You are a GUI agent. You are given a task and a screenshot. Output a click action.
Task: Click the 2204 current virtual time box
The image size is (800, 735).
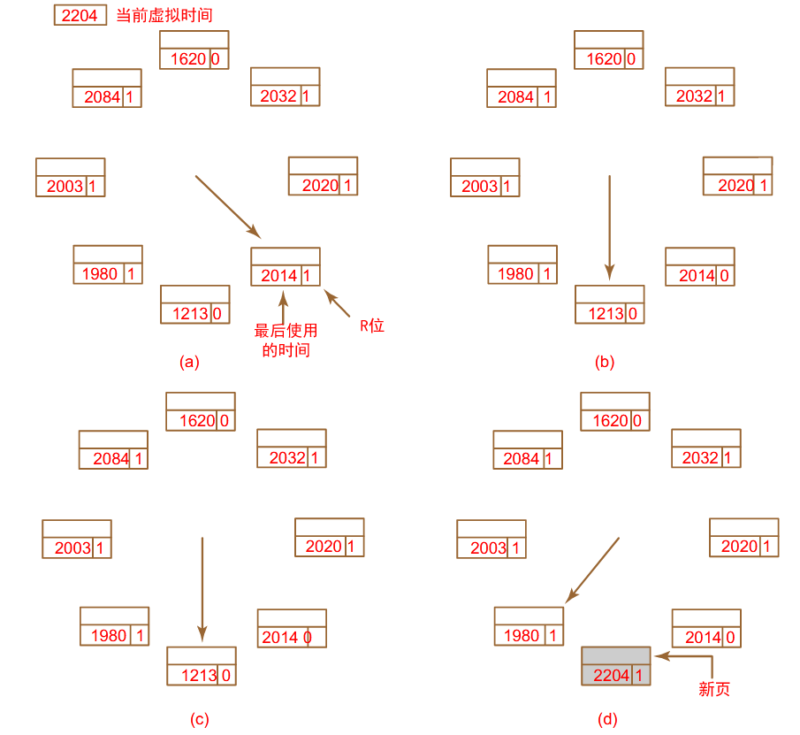(x=80, y=16)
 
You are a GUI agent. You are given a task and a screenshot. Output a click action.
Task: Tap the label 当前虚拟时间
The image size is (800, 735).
(x=164, y=16)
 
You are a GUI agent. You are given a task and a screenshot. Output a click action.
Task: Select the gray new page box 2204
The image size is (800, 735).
(x=615, y=666)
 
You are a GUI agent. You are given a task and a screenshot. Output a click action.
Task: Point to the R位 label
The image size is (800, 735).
(x=371, y=325)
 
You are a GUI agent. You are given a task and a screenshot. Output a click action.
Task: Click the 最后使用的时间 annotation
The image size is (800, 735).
(x=286, y=341)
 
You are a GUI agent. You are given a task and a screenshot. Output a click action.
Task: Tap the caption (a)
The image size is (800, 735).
(x=189, y=362)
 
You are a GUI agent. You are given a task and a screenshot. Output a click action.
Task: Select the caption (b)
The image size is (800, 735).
(x=605, y=362)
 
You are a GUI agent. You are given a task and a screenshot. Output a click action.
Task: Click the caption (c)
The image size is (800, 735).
(x=199, y=719)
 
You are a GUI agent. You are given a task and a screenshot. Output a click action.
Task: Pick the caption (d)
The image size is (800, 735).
(x=608, y=719)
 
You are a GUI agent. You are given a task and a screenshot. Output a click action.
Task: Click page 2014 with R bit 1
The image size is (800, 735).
(x=286, y=267)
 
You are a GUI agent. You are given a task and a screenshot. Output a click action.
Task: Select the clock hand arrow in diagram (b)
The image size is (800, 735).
(x=610, y=226)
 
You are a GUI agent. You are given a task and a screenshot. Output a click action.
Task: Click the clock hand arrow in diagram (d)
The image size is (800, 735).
(x=593, y=569)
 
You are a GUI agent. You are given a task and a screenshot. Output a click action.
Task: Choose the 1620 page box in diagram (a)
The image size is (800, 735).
(x=194, y=50)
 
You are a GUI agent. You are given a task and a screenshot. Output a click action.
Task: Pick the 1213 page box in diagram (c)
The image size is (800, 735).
(x=202, y=666)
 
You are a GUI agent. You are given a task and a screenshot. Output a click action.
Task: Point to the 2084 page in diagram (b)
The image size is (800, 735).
(x=522, y=88)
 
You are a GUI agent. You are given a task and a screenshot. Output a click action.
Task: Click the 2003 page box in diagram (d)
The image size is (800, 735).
(x=491, y=540)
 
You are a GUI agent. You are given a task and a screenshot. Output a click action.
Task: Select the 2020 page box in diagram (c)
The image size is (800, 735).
(x=329, y=537)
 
